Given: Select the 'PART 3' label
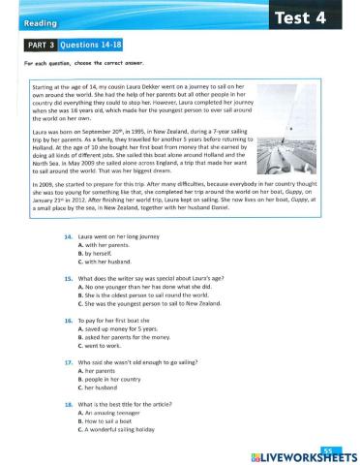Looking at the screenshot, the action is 38,45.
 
